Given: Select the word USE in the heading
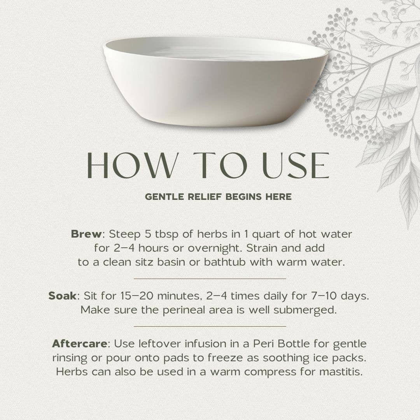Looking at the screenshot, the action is tap(296, 165).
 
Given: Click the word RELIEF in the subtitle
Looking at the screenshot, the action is tap(205, 197).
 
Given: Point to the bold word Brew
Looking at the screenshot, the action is tap(86, 234).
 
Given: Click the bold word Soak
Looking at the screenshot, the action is tap(62, 296).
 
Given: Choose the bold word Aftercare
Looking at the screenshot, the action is tap(80, 344).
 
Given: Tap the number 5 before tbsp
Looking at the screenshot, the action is tap(148, 234).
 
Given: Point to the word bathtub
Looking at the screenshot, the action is tap(224, 262).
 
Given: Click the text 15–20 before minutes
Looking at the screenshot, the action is tap(136, 296).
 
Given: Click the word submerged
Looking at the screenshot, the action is tap(305, 311).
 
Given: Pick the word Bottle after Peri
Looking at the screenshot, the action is tap(294, 344).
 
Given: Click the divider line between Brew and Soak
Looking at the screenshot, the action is tap(210, 278).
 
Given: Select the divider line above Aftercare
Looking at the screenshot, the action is tap(210, 327).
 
